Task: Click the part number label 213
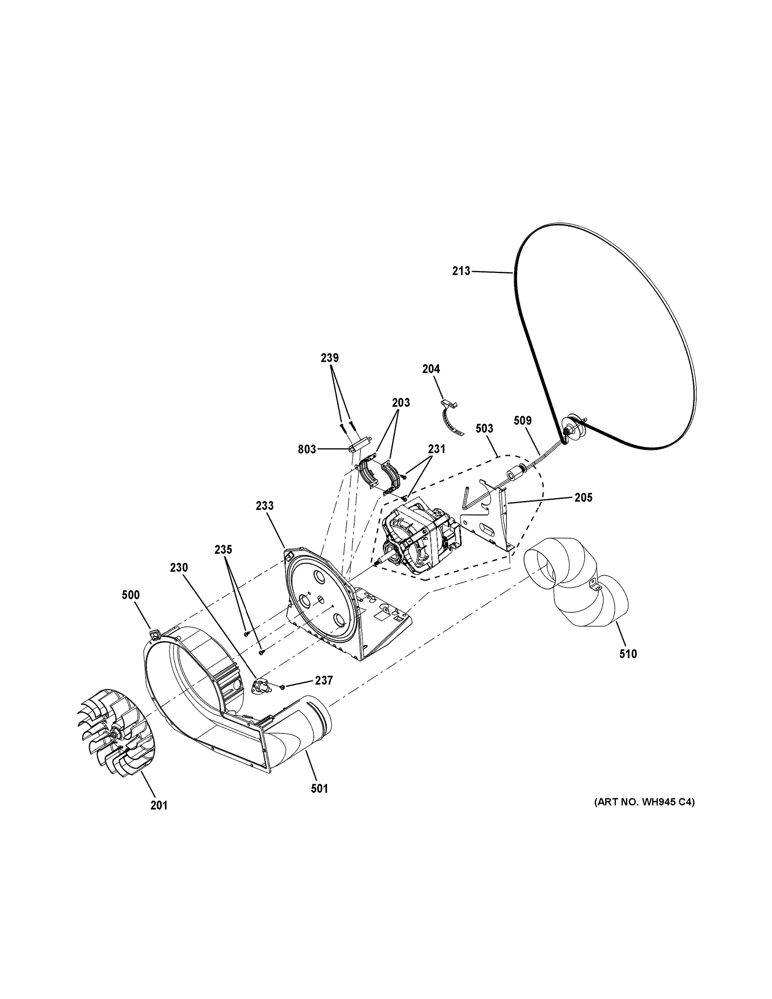[x=461, y=271]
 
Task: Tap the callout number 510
[x=628, y=654]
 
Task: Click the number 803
[x=307, y=449]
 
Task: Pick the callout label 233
[x=264, y=505]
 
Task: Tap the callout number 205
[x=583, y=498]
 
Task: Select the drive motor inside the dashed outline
[x=419, y=535]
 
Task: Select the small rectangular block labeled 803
[x=359, y=444]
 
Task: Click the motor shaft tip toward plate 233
[x=376, y=564]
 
